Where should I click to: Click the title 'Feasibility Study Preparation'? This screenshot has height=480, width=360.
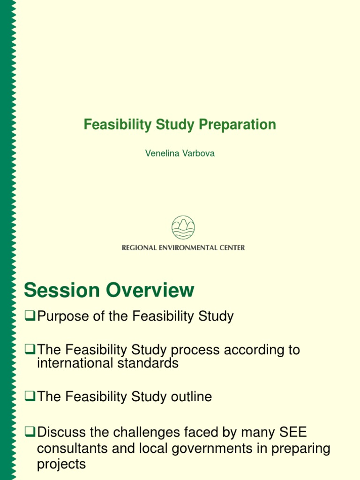pyautogui.click(x=180, y=125)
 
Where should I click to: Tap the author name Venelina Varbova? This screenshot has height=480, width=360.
pyautogui.click(x=180, y=153)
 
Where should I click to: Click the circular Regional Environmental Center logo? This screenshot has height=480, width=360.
pyautogui.click(x=183, y=227)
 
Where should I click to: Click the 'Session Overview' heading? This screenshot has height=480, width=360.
pyautogui.click(x=109, y=290)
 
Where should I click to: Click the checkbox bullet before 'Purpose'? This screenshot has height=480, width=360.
pyautogui.click(x=30, y=317)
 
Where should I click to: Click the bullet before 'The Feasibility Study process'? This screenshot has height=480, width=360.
pyautogui.click(x=30, y=350)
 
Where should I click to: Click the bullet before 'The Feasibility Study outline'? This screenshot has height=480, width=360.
pyautogui.click(x=30, y=397)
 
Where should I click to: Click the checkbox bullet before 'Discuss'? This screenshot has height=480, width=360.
pyautogui.click(x=30, y=431)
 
